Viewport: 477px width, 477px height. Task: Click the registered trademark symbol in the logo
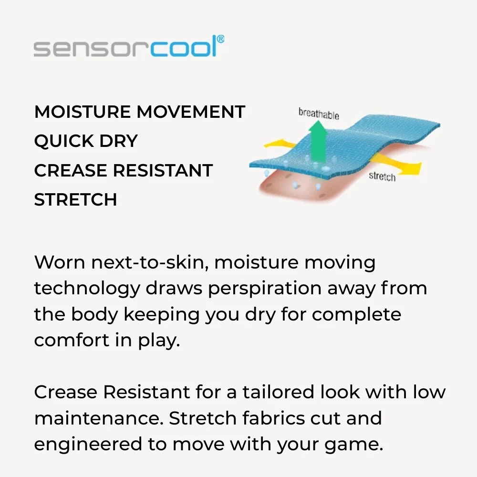click(x=221, y=40)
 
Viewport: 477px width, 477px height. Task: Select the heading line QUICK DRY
click(x=86, y=141)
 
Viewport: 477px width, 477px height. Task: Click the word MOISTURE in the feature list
click(x=83, y=112)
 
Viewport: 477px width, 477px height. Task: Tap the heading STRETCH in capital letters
click(x=75, y=199)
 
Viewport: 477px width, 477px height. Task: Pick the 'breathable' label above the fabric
click(x=319, y=114)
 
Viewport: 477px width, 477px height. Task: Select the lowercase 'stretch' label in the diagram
click(x=382, y=176)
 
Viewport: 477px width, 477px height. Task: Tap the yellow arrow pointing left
click(x=280, y=143)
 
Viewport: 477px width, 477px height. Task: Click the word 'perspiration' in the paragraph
click(x=265, y=289)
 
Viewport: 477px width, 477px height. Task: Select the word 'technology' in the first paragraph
click(x=87, y=289)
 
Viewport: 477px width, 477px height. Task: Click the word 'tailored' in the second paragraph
click(x=278, y=392)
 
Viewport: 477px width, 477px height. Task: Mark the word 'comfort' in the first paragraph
click(x=72, y=340)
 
